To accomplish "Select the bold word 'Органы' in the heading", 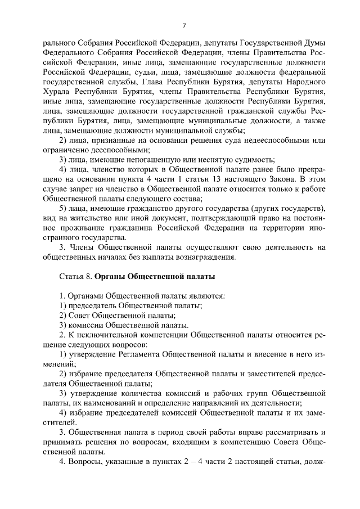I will click(x=111, y=277).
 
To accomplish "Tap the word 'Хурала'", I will click(x=56, y=91).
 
